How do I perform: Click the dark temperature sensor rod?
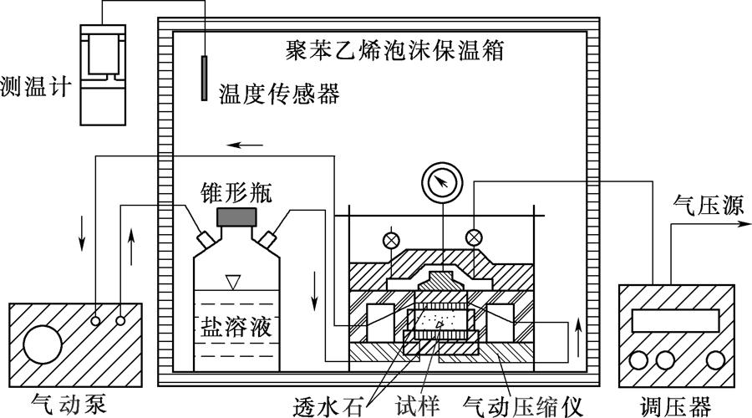pos(203,78)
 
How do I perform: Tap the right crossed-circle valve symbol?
pos(474,237)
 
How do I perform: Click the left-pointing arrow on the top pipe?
pos(246,145)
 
